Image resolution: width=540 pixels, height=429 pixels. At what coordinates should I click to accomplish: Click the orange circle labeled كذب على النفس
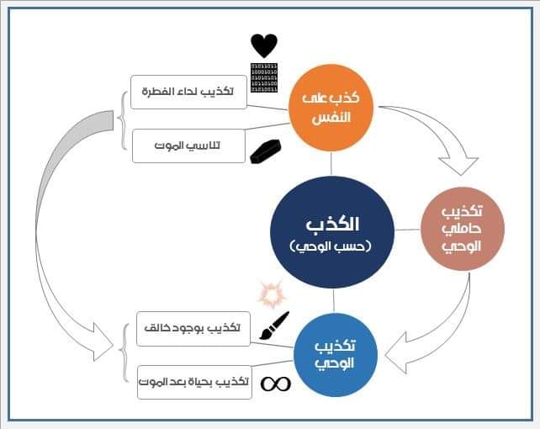tap(331, 107)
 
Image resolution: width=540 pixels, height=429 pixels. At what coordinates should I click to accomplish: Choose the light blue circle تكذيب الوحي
tap(335, 354)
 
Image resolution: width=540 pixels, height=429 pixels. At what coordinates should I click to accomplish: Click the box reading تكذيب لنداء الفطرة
tap(188, 92)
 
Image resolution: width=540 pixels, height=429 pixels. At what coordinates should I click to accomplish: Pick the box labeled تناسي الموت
tap(188, 146)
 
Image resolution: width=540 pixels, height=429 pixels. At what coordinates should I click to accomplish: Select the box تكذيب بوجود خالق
tap(193, 328)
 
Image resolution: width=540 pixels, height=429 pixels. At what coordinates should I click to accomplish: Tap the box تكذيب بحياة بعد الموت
tap(193, 382)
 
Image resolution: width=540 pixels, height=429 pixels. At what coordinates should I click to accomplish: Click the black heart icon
tap(263, 45)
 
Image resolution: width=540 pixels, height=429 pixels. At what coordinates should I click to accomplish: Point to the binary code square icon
tap(264, 77)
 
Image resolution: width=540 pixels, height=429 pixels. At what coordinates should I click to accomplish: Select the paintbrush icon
tap(274, 326)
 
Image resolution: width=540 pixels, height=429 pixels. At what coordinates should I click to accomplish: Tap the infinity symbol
tap(275, 384)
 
